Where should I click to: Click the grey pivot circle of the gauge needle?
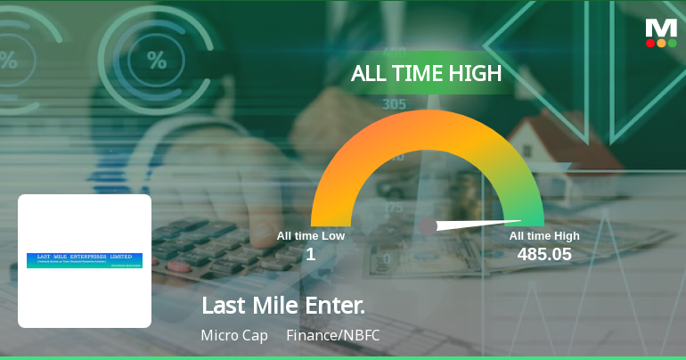point(428,226)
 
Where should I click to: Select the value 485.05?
point(544,255)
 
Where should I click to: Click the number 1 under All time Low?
point(310,255)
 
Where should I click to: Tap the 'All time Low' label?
point(310,236)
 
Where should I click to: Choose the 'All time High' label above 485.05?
point(544,236)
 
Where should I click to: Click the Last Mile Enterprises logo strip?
point(85,260)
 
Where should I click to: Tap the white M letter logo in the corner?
point(661,27)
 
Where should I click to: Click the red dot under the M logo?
point(650,43)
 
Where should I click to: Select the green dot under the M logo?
point(673,43)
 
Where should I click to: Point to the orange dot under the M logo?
point(661,43)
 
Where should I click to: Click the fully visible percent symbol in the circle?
point(157,61)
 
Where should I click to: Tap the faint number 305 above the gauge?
point(394,104)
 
